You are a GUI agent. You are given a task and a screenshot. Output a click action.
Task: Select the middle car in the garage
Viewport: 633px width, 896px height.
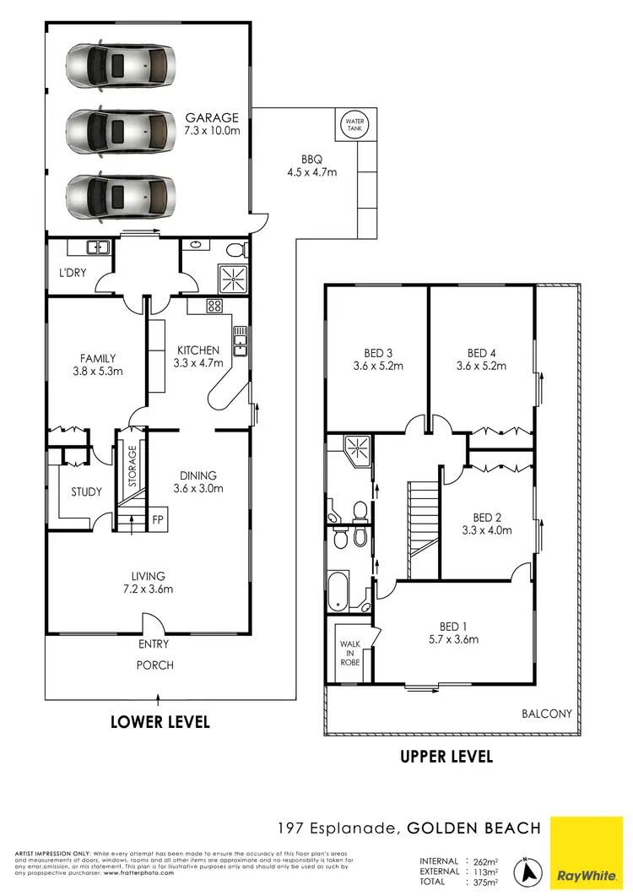click(x=122, y=130)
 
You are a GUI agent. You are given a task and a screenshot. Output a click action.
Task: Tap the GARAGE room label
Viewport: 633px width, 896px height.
click(x=212, y=118)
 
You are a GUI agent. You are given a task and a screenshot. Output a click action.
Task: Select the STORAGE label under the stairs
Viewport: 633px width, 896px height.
click(x=133, y=466)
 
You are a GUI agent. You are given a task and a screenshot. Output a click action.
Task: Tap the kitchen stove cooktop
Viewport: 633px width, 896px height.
click(x=214, y=306)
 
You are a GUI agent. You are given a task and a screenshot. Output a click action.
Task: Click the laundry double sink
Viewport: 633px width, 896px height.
click(x=99, y=247)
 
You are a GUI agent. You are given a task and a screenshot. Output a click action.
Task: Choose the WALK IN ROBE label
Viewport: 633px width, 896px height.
click(x=349, y=653)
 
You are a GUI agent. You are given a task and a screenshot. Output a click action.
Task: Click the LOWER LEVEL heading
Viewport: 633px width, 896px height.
click(x=160, y=722)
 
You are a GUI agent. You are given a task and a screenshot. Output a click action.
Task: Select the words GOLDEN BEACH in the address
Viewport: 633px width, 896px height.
click(x=473, y=828)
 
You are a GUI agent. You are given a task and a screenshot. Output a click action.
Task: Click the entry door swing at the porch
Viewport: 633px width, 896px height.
click(x=154, y=626)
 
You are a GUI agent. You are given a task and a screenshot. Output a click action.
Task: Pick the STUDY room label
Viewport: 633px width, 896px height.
click(x=86, y=491)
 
